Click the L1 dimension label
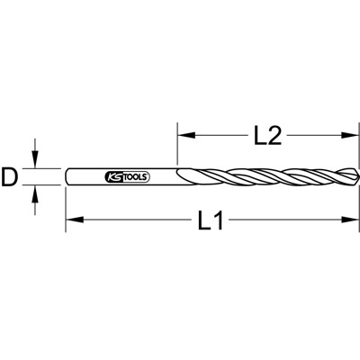[210, 221]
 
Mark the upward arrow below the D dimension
[36, 193]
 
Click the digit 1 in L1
[220, 221]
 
